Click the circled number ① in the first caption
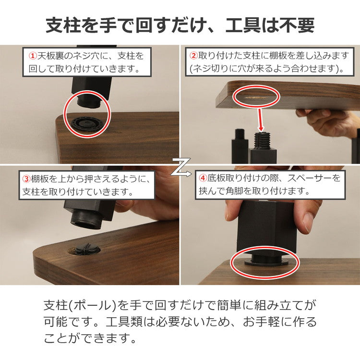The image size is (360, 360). pyautogui.click(x=33, y=56)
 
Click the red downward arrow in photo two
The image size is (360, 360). pyautogui.click(x=260, y=120)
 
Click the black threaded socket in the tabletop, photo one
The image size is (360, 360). pyautogui.click(x=88, y=124)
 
